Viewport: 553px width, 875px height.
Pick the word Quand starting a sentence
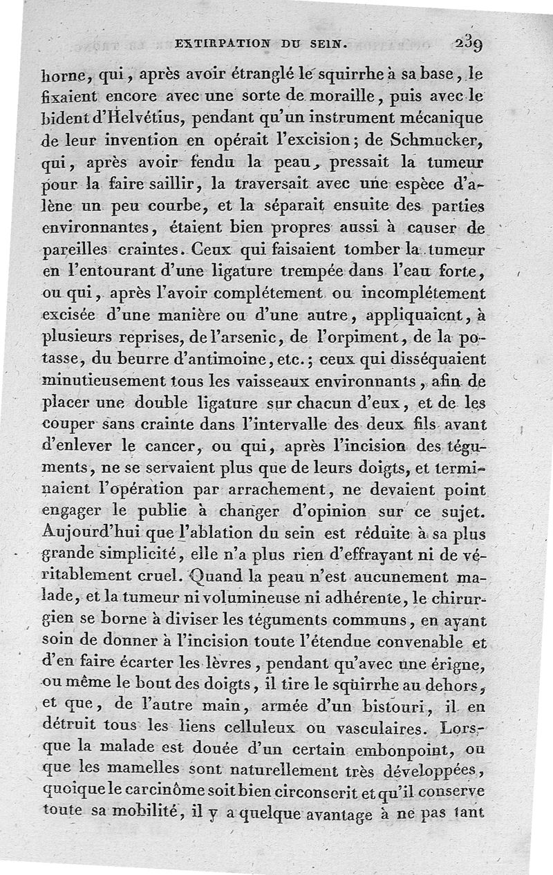coord(216,575)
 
